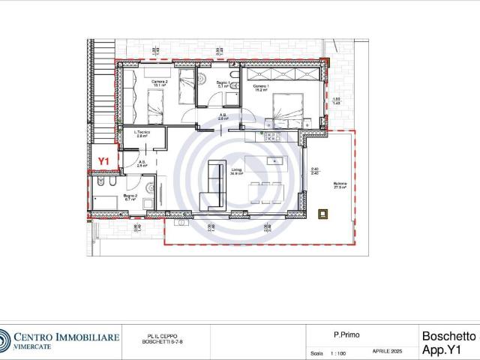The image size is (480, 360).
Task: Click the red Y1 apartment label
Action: (104, 160)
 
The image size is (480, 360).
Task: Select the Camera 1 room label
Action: (260, 89)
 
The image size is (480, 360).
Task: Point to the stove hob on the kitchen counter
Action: (268, 135)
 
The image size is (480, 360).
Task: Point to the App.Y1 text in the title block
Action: (448, 349)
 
